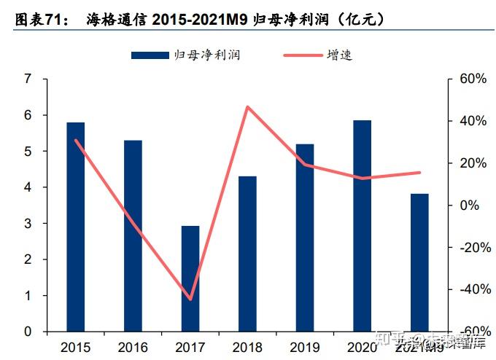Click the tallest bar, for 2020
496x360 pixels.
tap(362, 226)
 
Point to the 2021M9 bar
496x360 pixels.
tap(419, 262)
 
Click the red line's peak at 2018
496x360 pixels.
tap(247, 107)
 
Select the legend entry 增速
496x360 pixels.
tap(340, 55)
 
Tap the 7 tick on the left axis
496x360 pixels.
tap(28, 79)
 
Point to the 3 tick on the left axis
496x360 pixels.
tap(28, 223)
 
